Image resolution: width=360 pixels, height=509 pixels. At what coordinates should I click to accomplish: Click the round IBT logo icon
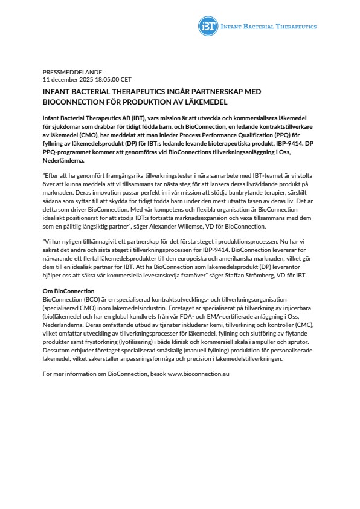click(x=208, y=27)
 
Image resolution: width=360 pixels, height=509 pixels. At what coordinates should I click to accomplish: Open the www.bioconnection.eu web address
click(x=199, y=375)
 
